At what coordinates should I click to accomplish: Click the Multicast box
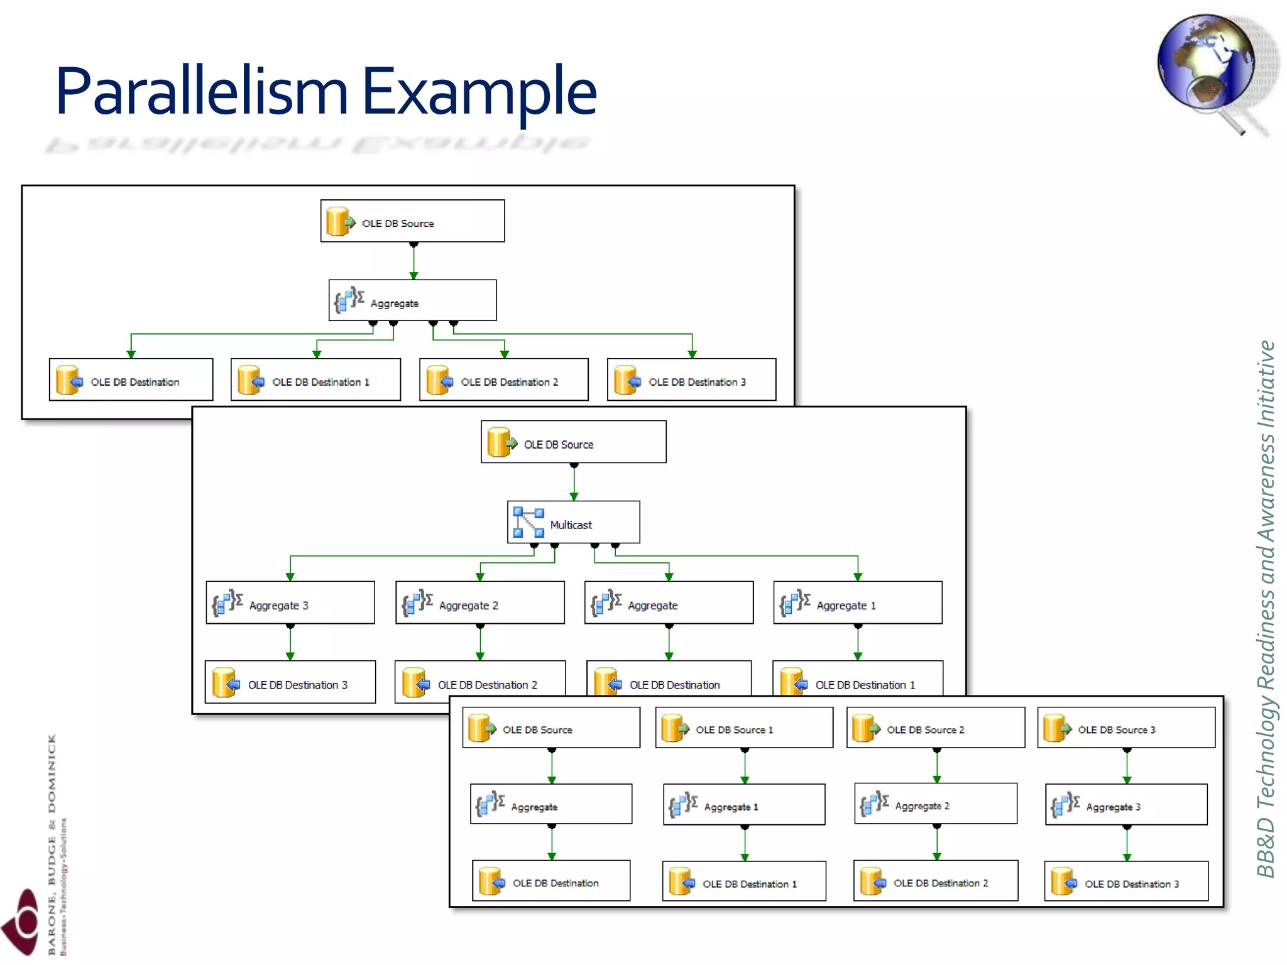tap(573, 522)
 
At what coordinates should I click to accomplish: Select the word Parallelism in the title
tap(201, 92)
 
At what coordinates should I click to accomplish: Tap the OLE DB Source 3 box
tap(1125, 728)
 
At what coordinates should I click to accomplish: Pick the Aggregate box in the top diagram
tap(412, 300)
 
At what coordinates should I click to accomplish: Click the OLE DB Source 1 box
tap(743, 728)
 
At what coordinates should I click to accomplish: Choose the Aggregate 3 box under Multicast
tap(290, 602)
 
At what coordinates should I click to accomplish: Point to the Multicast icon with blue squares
tap(528, 522)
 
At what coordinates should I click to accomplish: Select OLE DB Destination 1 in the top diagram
tap(315, 379)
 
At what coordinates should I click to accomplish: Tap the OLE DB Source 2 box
tap(935, 728)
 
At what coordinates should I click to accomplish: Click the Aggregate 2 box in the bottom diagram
tap(935, 804)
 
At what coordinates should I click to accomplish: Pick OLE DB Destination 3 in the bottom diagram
tap(1125, 881)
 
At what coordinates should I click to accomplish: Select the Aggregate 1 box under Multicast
tap(857, 602)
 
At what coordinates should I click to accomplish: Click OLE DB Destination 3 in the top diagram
tap(691, 379)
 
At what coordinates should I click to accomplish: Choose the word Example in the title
tap(479, 92)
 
